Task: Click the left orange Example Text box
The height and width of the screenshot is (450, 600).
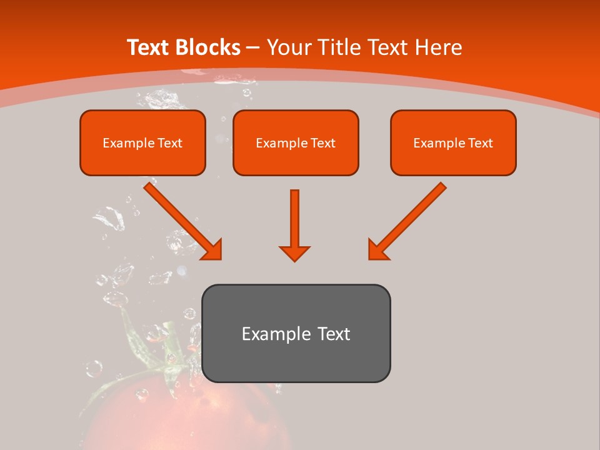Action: (x=142, y=142)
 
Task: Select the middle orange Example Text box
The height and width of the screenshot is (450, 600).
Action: (x=296, y=142)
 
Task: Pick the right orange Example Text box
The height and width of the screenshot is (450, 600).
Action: (x=453, y=142)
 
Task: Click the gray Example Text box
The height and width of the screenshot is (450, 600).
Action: (x=296, y=333)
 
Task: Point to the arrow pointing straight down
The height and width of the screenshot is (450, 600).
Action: (x=294, y=222)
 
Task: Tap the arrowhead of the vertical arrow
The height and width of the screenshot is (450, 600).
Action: (x=294, y=252)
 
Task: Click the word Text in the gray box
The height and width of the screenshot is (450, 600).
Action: (x=334, y=334)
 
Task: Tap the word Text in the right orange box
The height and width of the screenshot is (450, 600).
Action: (x=481, y=143)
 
